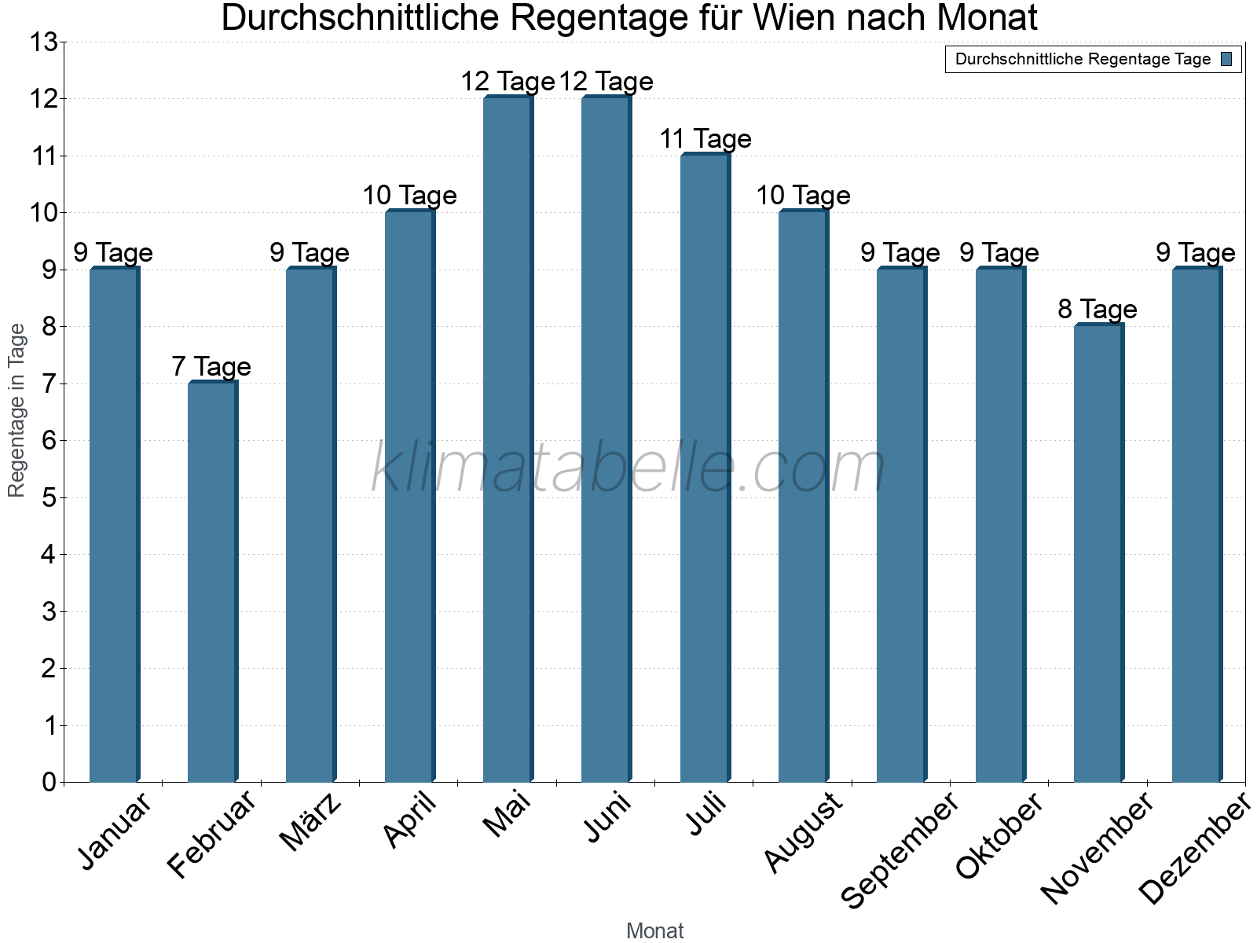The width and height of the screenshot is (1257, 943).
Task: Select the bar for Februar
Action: tap(212, 582)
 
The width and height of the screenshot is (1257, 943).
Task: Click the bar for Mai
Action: tap(508, 440)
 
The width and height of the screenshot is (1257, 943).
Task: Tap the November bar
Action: tap(1098, 553)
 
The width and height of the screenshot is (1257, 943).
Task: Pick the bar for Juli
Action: tap(705, 468)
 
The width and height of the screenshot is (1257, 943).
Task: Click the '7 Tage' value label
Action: tap(211, 367)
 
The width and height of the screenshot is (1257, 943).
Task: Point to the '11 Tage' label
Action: tap(705, 139)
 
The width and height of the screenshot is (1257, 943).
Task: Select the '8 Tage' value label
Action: tap(1098, 310)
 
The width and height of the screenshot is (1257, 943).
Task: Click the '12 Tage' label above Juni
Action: tap(606, 82)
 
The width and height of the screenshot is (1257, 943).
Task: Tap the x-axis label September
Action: tap(900, 849)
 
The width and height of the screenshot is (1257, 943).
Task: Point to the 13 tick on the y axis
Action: tap(44, 42)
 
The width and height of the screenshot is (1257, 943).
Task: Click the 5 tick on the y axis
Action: tap(49, 497)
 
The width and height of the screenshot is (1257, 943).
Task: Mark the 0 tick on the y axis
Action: tap(49, 782)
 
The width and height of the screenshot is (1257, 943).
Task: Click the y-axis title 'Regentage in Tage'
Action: tap(16, 409)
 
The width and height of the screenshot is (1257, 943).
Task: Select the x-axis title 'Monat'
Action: tap(654, 930)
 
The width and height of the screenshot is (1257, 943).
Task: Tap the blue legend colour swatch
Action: tap(1226, 59)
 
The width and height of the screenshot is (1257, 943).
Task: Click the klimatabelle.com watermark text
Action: tap(628, 468)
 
